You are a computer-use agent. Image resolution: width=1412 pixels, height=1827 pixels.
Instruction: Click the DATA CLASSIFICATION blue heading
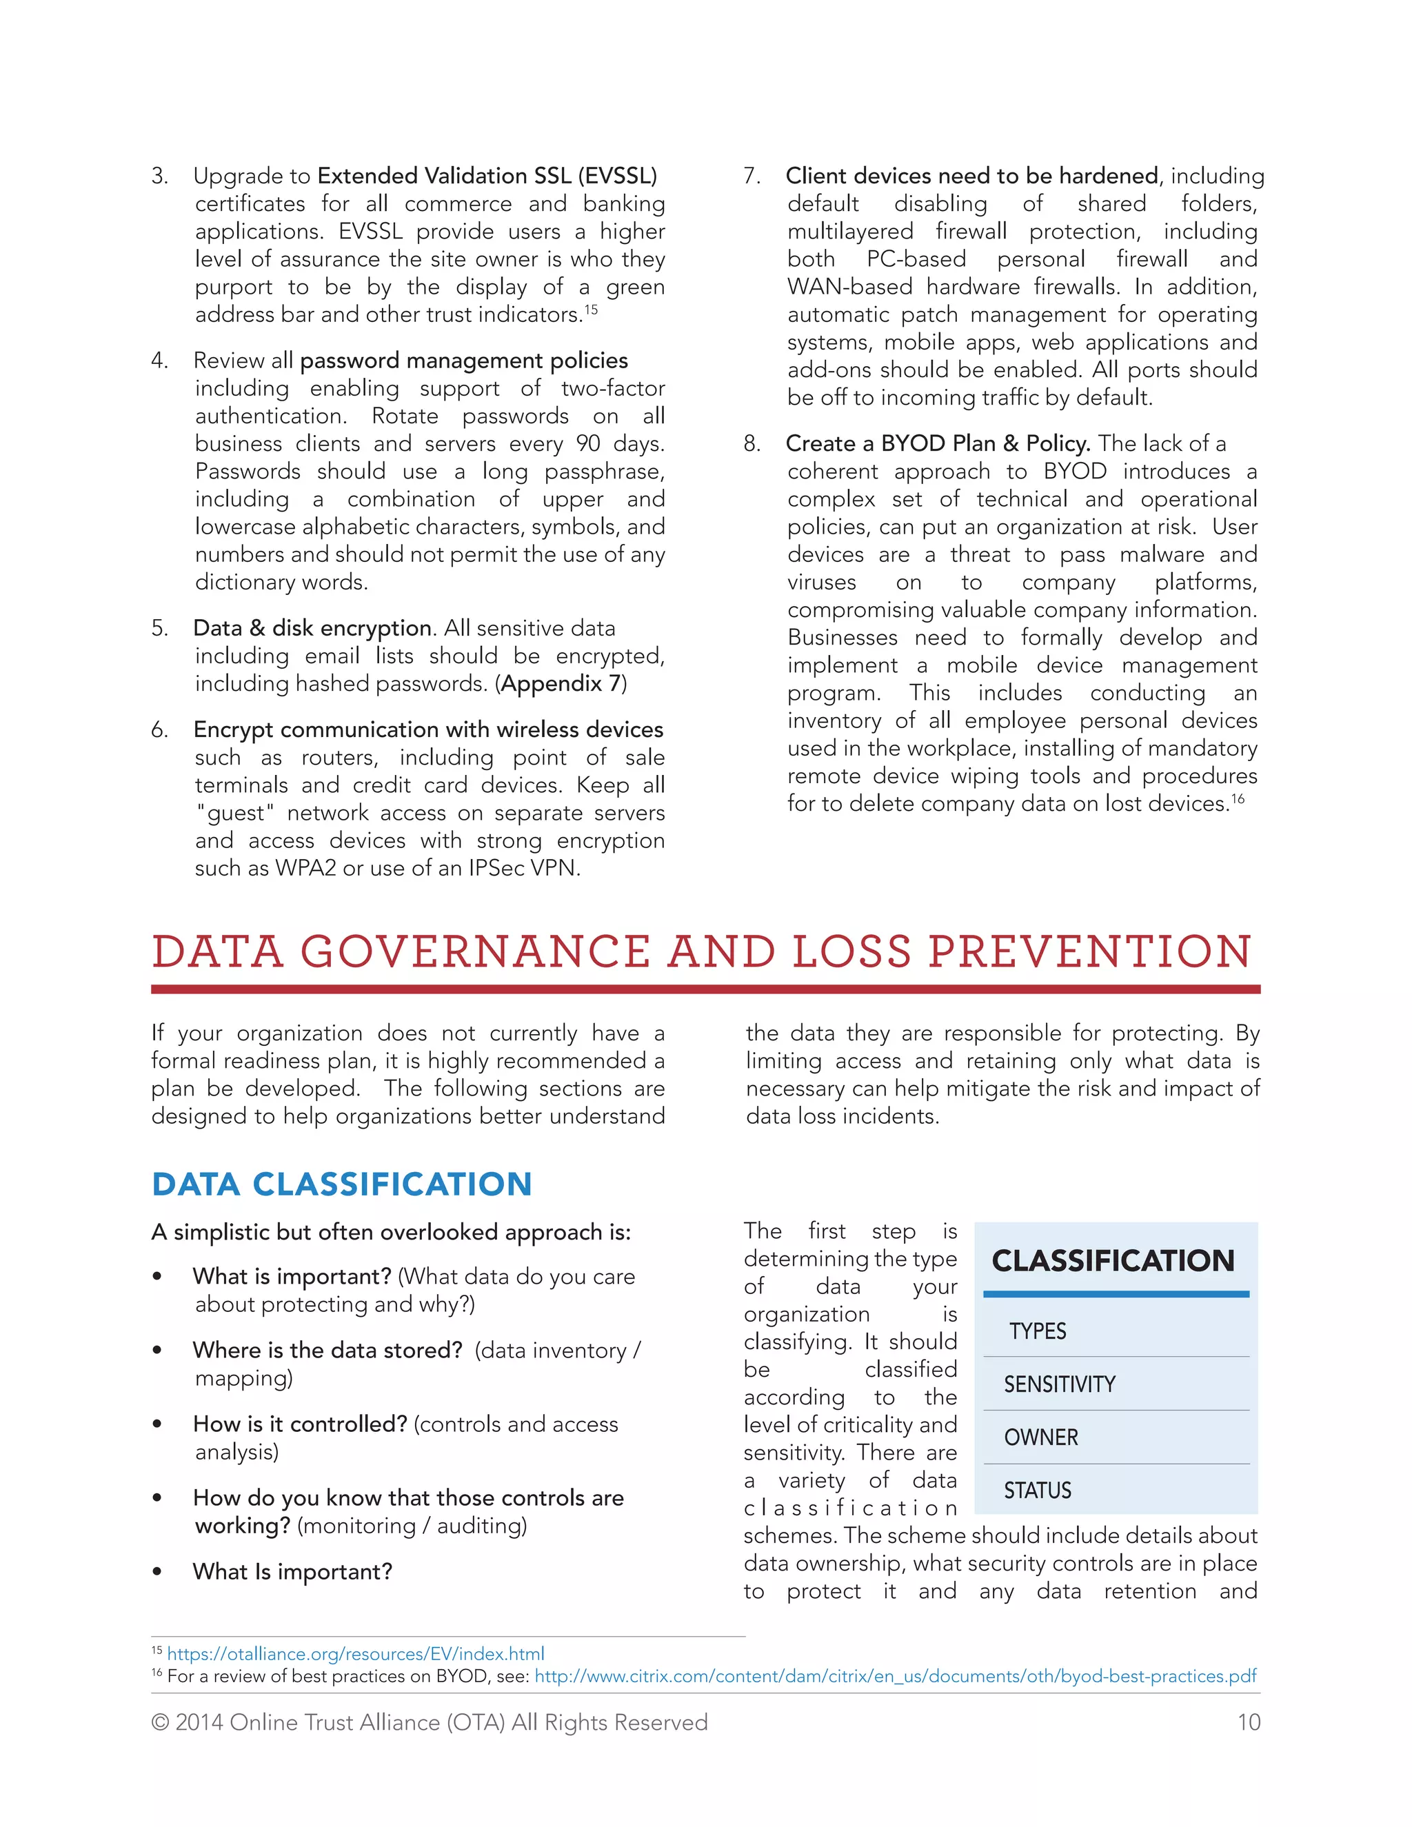click(x=341, y=1184)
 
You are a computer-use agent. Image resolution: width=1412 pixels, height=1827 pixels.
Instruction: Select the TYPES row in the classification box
click(x=1037, y=1331)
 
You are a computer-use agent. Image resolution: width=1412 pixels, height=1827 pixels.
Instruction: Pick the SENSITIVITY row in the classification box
click(x=1059, y=1384)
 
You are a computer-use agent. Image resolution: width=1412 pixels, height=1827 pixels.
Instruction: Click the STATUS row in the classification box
click(x=1037, y=1491)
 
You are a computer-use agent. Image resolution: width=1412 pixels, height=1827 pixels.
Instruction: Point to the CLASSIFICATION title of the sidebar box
click(x=1113, y=1261)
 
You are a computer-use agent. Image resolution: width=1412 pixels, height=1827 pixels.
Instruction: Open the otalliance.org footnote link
click(x=356, y=1654)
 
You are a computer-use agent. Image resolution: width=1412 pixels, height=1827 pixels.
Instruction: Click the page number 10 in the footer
click(x=1248, y=1722)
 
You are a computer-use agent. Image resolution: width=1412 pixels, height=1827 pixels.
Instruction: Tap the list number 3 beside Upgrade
click(x=159, y=176)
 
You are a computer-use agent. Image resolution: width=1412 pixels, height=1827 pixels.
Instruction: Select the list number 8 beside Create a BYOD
click(x=752, y=444)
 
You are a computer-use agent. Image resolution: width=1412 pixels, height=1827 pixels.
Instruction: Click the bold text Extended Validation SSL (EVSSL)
click(x=487, y=176)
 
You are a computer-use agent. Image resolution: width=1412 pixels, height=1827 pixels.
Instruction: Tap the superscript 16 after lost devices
click(x=1238, y=799)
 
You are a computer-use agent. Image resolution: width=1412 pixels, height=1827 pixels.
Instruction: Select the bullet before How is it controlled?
click(x=157, y=1424)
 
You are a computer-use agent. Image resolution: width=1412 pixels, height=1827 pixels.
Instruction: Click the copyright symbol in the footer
click(x=159, y=1722)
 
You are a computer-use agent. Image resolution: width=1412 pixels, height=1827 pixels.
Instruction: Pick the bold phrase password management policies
click(x=463, y=361)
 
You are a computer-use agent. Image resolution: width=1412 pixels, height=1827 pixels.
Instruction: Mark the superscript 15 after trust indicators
click(x=592, y=310)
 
